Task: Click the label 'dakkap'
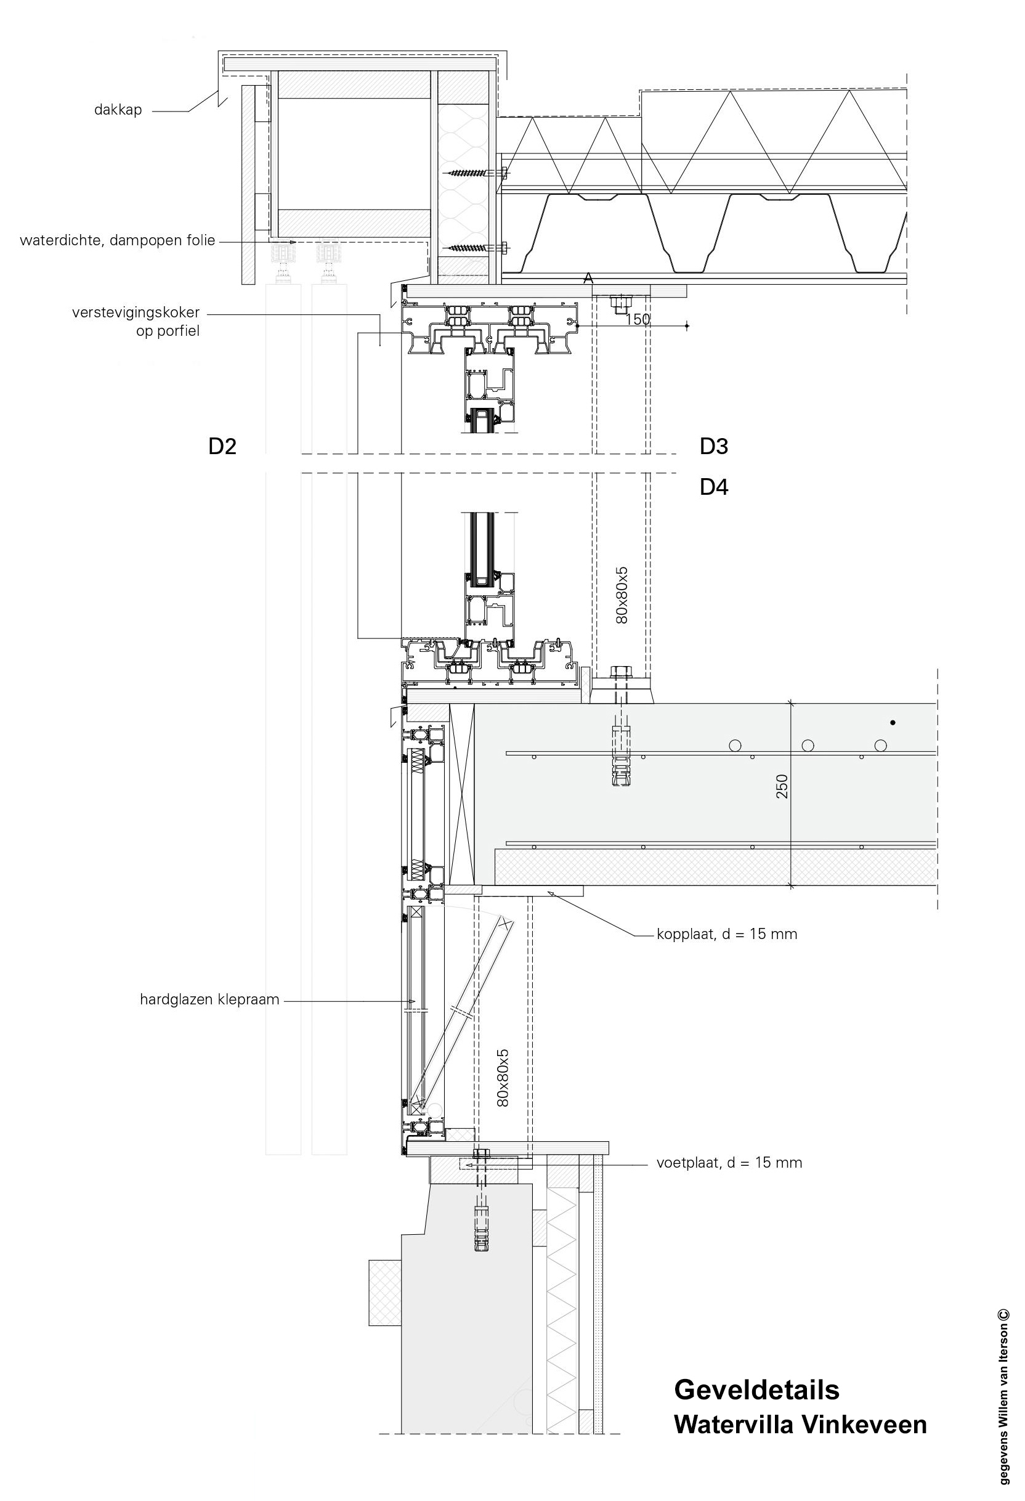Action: pyautogui.click(x=118, y=110)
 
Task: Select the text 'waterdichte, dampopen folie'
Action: pyautogui.click(x=118, y=241)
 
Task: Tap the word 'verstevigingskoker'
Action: pyautogui.click(x=136, y=312)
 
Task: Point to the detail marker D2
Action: pyautogui.click(x=222, y=446)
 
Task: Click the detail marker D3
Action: pyautogui.click(x=714, y=446)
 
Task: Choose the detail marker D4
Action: pyautogui.click(x=714, y=487)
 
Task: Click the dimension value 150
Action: pyautogui.click(x=638, y=319)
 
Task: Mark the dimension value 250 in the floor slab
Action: pyautogui.click(x=782, y=786)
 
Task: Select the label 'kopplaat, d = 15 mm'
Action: pyautogui.click(x=727, y=934)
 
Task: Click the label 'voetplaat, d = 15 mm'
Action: pyautogui.click(x=729, y=1163)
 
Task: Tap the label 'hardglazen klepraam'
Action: pyautogui.click(x=209, y=1000)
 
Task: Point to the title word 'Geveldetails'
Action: pyautogui.click(x=756, y=1389)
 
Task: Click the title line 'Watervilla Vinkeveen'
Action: pyautogui.click(x=800, y=1424)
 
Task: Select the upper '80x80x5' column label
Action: pyautogui.click(x=622, y=595)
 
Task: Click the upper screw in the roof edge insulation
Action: pyautogui.click(x=477, y=173)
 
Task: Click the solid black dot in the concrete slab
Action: pyautogui.click(x=893, y=723)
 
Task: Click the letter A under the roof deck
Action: pyautogui.click(x=588, y=279)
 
